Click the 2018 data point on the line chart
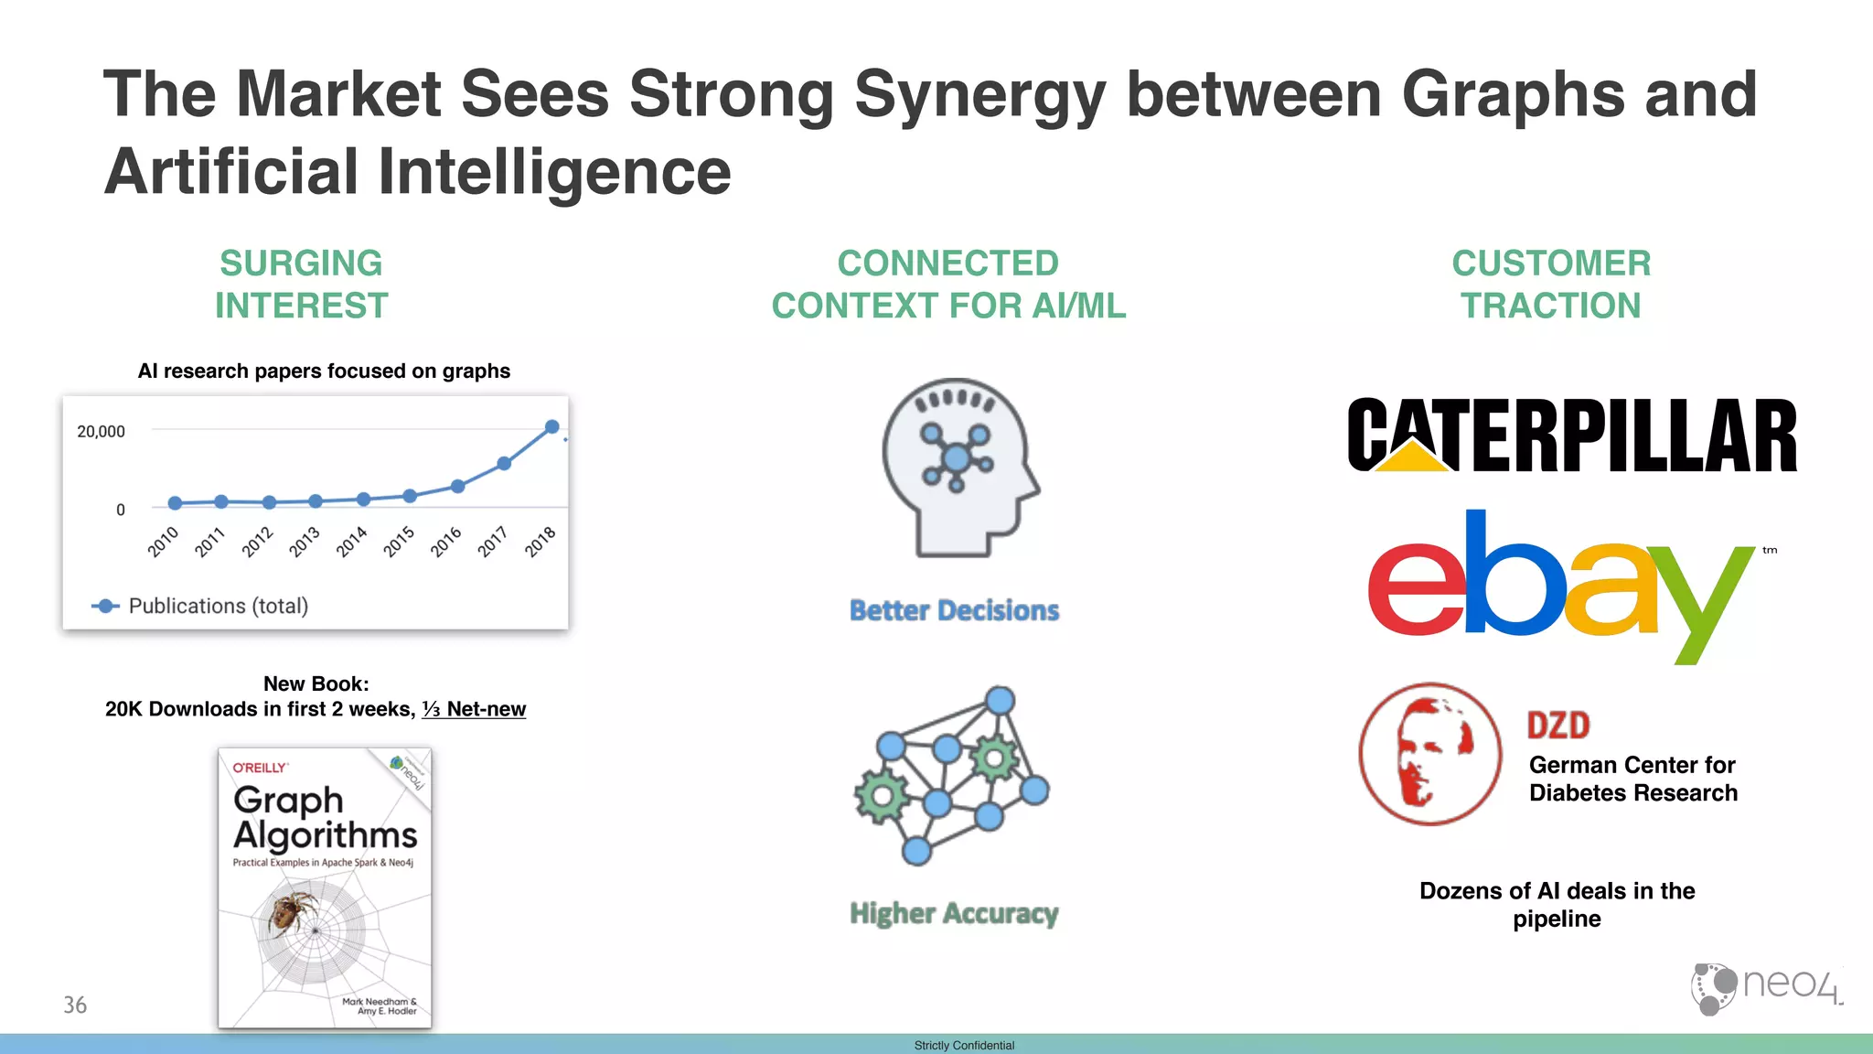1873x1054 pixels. pyautogui.click(x=551, y=426)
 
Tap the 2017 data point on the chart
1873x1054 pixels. pyautogui.click(x=504, y=463)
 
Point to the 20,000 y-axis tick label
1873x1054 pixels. pyautogui.click(x=101, y=431)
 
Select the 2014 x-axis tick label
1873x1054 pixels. pyautogui.click(x=351, y=542)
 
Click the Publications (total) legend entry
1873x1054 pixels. pyautogui.click(x=201, y=606)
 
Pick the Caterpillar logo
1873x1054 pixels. pyautogui.click(x=1571, y=436)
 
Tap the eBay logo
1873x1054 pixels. pyautogui.click(x=1560, y=586)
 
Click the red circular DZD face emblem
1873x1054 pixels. pyautogui.click(x=1429, y=754)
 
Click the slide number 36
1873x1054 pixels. pyautogui.click(x=75, y=1005)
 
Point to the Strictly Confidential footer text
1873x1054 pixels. pyautogui.click(x=964, y=1045)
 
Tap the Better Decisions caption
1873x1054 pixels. pyautogui.click(x=954, y=610)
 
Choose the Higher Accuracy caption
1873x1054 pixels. pyautogui.click(x=954, y=913)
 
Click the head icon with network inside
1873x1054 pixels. pyautogui.click(x=958, y=467)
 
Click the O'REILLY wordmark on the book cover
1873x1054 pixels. pyautogui.click(x=260, y=768)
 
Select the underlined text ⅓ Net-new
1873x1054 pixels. pyautogui.click(x=474, y=709)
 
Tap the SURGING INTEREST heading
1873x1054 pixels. pyautogui.click(x=301, y=284)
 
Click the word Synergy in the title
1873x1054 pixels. pyautogui.click(x=979, y=95)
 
